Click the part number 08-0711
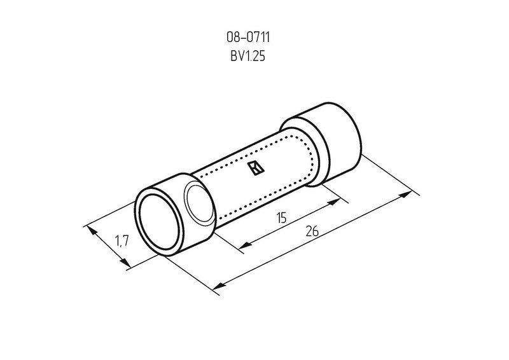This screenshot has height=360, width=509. click(x=248, y=38)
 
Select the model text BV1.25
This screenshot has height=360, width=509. click(x=248, y=56)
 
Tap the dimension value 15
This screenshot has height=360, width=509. click(x=282, y=218)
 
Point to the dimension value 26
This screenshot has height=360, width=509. click(x=312, y=231)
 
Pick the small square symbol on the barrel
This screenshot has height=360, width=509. click(x=256, y=168)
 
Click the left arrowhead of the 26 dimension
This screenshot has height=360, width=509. click(x=219, y=286)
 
